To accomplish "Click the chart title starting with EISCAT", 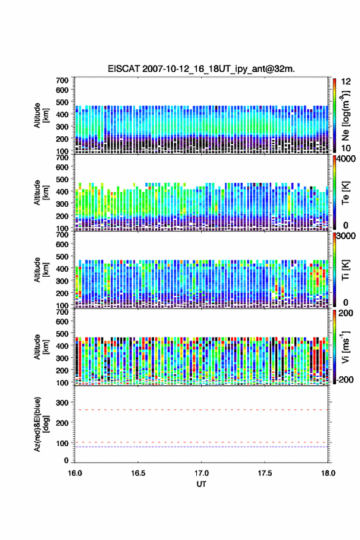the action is (x=201, y=69).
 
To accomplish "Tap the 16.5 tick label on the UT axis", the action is (x=137, y=473).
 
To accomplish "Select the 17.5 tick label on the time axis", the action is (x=265, y=473).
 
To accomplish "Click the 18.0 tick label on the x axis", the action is (x=328, y=473).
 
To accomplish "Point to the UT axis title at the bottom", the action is (x=201, y=484).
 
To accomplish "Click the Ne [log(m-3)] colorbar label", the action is (x=345, y=116).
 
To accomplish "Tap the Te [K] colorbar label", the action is (x=345, y=193).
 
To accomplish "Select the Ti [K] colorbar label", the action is (x=345, y=271).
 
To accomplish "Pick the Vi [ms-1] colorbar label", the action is (x=345, y=347).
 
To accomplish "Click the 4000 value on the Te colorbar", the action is (x=346, y=160).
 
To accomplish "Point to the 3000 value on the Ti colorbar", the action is (x=346, y=236).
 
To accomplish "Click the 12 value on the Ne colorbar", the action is (x=346, y=82).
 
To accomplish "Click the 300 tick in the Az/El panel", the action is (x=63, y=403).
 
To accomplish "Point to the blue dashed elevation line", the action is (x=201, y=447).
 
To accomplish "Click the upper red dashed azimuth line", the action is (x=201, y=410).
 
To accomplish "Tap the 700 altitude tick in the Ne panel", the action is (x=62, y=80).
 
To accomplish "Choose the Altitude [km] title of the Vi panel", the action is (x=42, y=347).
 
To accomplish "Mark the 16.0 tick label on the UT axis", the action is (x=75, y=473).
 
